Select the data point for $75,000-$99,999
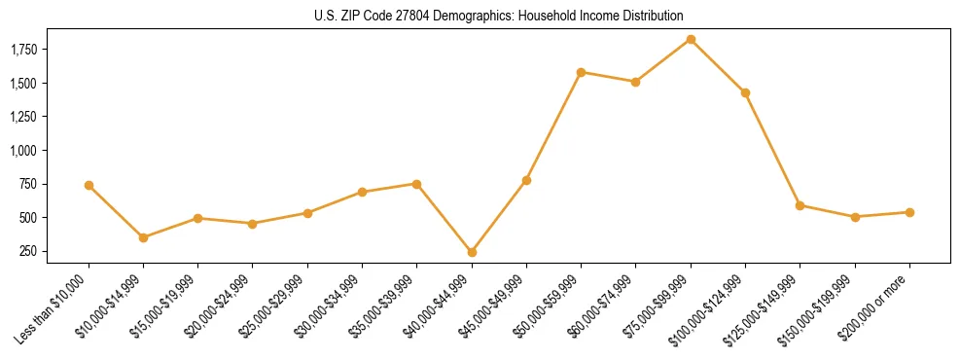(691, 39)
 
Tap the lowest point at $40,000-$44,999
(472, 252)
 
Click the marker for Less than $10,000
(89, 185)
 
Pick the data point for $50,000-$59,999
(581, 72)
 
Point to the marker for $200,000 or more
(909, 212)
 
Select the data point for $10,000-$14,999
(143, 237)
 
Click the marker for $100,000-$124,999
(745, 92)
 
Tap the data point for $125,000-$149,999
(800, 205)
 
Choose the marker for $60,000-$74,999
(635, 82)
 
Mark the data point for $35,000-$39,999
(416, 184)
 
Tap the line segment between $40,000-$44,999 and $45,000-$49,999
(499, 216)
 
